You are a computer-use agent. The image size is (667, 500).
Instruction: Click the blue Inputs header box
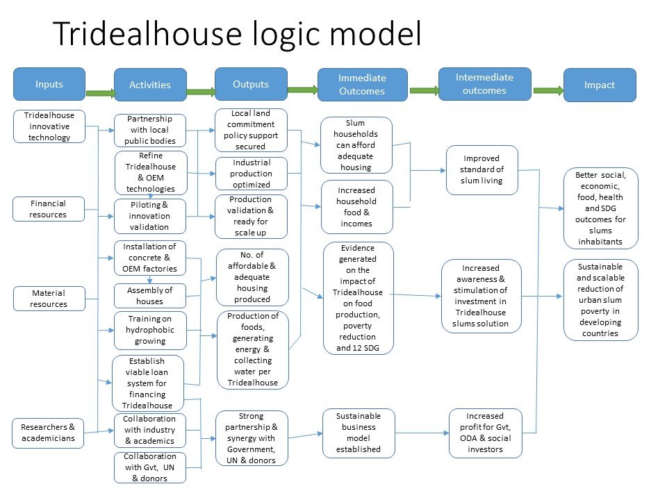49,84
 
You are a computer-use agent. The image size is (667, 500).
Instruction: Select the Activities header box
150,85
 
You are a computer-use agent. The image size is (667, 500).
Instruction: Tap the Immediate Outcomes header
363,85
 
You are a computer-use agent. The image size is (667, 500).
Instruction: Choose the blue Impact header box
600,85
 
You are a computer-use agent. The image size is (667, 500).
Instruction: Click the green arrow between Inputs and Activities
100,93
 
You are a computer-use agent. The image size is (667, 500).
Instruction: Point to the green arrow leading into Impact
548,90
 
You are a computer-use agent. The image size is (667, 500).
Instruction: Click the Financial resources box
49,209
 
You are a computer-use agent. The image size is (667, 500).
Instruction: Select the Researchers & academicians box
48,433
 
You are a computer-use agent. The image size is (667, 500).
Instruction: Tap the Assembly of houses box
150,296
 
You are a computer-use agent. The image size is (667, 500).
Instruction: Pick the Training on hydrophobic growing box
150,330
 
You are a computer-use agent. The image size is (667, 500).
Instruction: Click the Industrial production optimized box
252,174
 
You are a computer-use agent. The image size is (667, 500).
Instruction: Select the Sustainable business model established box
359,433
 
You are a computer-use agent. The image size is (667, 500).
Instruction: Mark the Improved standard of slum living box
482,169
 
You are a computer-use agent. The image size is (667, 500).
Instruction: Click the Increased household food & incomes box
357,207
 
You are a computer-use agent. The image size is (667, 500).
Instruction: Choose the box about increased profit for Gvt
486,433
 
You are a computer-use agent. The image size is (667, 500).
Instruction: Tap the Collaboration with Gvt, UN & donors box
150,467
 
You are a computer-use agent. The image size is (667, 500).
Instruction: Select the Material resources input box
49,299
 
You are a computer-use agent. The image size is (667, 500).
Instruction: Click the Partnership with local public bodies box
150,130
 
